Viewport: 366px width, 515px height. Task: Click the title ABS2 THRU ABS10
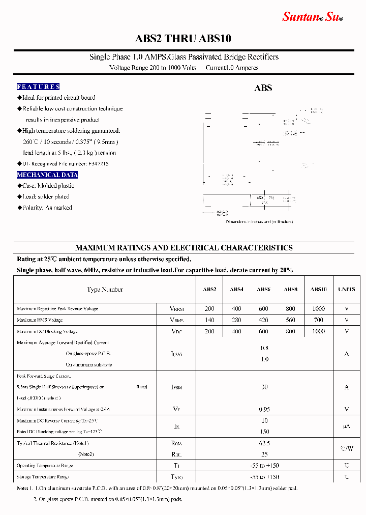point(183,39)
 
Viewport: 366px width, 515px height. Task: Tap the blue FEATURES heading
point(38,87)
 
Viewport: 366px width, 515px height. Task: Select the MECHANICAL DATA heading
point(47,175)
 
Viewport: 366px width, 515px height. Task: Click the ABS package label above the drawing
point(263,88)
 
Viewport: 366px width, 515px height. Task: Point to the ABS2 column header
point(209,290)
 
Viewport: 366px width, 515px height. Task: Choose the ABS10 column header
point(318,290)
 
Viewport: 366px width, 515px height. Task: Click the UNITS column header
point(347,290)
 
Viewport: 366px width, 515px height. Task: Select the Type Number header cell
point(105,290)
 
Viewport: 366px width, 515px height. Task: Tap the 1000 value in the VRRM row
point(318,309)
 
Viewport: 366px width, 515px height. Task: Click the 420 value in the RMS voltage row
point(263,320)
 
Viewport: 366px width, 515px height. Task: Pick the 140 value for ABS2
point(209,320)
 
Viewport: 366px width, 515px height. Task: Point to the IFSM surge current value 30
point(264,387)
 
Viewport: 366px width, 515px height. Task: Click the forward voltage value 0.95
point(264,409)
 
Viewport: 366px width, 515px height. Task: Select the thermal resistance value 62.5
point(264,443)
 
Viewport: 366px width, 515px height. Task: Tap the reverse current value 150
point(264,432)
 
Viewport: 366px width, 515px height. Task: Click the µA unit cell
point(347,426)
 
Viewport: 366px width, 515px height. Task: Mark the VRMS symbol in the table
point(176,320)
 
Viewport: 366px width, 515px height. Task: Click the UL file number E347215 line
point(65,164)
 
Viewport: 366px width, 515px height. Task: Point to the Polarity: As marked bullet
point(47,208)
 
